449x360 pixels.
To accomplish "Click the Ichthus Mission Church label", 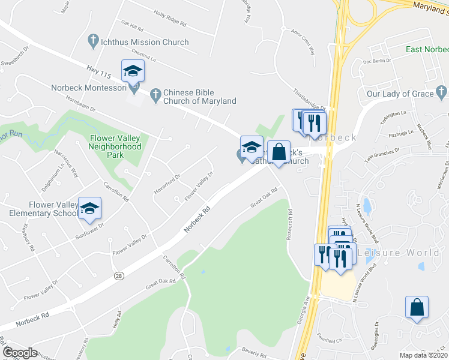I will tap(146, 42).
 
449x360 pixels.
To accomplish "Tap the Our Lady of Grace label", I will tap(400, 94).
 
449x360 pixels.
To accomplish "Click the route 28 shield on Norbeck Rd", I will tap(119, 275).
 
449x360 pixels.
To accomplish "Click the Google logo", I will tap(20, 353).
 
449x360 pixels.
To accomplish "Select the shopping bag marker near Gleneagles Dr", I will tap(417, 308).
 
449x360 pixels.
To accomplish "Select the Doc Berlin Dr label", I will tap(377, 60).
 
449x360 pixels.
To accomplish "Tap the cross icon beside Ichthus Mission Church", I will tap(92, 41).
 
